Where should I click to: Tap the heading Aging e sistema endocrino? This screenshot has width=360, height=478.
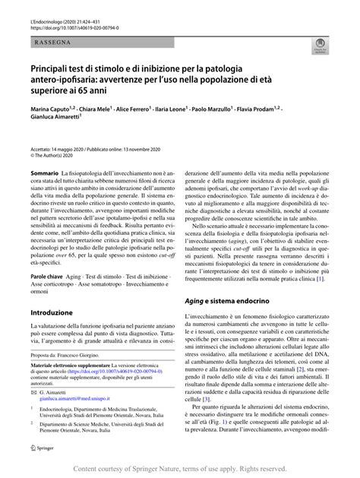235,302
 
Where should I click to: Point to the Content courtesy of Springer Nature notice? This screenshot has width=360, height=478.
179,470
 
